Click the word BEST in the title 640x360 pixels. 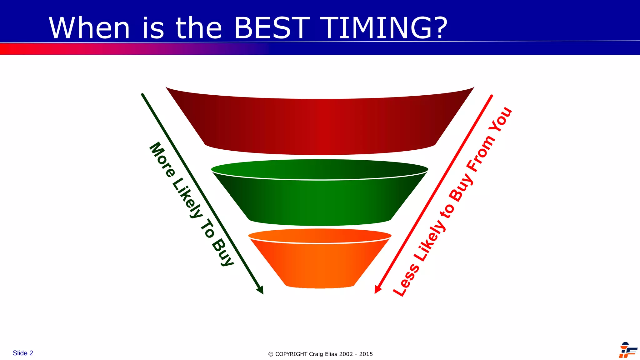272,28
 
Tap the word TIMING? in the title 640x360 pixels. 384,28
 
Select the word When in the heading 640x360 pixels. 89,28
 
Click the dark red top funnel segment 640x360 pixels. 320,125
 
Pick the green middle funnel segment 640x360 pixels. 320,200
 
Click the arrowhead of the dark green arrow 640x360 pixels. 261,291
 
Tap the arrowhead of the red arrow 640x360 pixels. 377,290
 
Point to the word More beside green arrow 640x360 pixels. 162,159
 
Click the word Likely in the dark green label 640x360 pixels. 187,198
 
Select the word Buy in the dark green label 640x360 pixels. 223,252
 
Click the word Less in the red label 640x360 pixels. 406,280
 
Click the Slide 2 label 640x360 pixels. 23,353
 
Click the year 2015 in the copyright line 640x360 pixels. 366,354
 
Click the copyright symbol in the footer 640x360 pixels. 271,354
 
